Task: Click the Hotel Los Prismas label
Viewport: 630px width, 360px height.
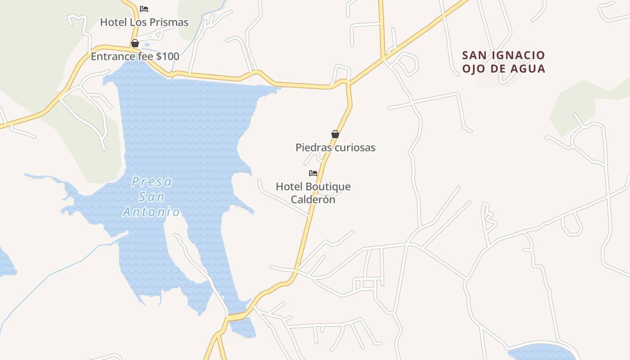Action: coord(144,22)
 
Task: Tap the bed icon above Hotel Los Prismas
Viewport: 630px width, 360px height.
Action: coord(144,9)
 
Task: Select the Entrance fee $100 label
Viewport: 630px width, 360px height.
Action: coord(135,57)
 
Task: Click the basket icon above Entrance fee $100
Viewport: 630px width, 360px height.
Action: coord(135,43)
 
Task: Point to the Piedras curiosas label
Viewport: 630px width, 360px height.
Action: coord(335,148)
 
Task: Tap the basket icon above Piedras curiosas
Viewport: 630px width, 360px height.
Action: coord(335,134)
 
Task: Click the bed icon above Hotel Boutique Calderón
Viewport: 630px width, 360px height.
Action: coord(313,173)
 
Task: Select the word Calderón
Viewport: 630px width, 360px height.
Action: coord(313,199)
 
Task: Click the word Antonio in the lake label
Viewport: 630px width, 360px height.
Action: coord(152,212)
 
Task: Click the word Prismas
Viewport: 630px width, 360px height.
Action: coord(168,22)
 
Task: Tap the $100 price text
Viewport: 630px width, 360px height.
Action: coord(167,57)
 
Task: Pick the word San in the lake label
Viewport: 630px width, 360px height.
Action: coord(152,197)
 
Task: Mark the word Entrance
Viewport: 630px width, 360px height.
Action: coord(113,57)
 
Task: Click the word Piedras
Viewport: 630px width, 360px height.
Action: coord(310,148)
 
